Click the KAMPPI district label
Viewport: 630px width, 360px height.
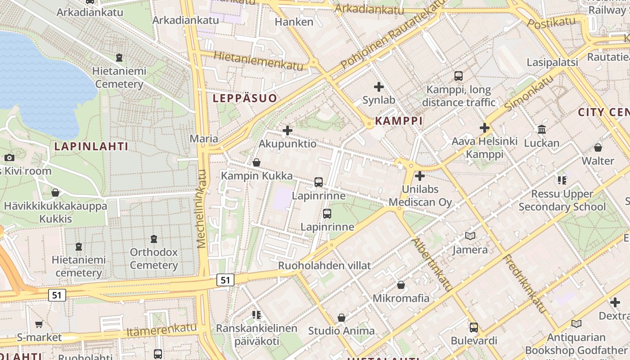tap(399, 121)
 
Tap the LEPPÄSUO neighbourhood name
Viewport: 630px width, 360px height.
tap(245, 98)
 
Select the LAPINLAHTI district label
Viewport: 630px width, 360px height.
tap(91, 146)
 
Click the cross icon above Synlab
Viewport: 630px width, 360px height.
tap(379, 86)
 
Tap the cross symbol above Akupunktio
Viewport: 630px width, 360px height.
tap(287, 131)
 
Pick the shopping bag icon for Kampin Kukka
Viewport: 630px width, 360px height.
tap(256, 162)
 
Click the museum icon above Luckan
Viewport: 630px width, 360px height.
tap(542, 130)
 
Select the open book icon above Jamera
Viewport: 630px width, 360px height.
tap(470, 236)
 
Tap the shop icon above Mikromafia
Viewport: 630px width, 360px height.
tap(401, 285)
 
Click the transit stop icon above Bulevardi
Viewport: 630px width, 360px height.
tap(473, 327)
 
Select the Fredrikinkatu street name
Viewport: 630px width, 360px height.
tap(524, 283)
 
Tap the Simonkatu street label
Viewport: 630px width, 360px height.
tap(529, 93)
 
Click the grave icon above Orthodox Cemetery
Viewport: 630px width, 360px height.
tap(154, 238)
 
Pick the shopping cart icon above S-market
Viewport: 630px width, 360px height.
tap(39, 324)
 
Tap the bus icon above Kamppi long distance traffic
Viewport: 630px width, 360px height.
tap(459, 76)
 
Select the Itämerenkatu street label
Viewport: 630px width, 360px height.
tap(162, 330)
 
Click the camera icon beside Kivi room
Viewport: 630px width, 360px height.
tap(9, 157)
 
